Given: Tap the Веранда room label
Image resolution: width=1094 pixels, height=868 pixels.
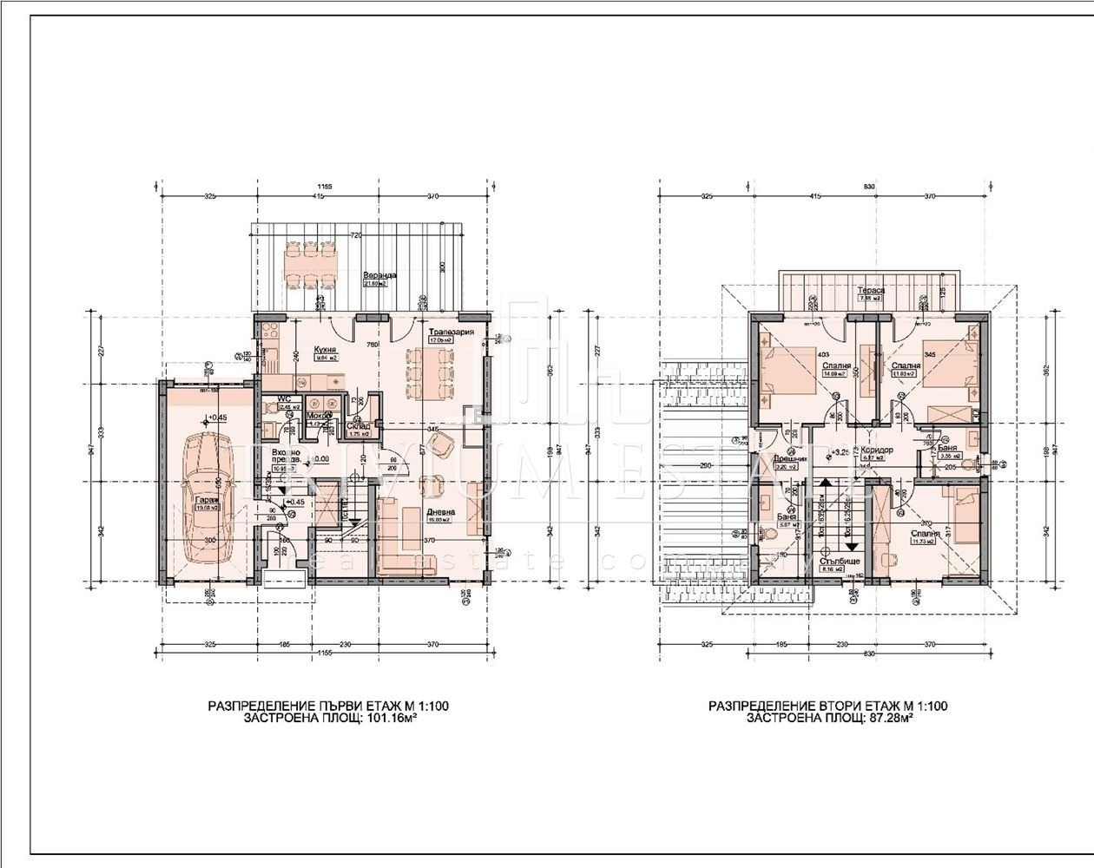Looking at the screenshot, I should click(x=376, y=275).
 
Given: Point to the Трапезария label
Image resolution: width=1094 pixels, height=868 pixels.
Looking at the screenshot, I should click(x=451, y=332).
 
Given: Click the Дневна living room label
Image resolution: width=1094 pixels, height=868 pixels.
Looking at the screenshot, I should click(x=438, y=512).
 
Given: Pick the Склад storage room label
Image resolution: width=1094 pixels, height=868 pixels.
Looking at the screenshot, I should click(x=359, y=426).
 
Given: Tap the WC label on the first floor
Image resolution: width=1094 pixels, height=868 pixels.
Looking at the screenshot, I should click(x=283, y=400).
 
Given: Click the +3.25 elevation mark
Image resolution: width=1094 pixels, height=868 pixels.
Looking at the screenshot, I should click(x=840, y=452).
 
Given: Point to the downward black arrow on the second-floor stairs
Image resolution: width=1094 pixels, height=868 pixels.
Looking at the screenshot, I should click(x=853, y=547).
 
